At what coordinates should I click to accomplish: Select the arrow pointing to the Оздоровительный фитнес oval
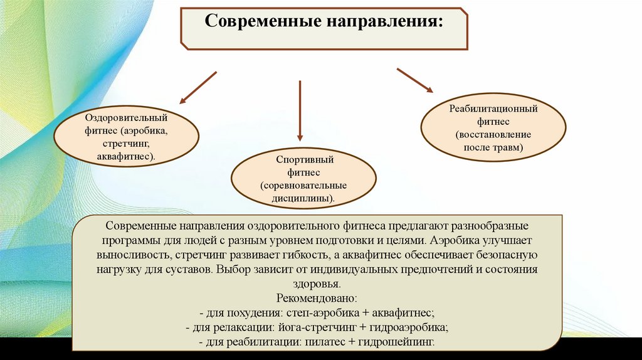pos(197,87)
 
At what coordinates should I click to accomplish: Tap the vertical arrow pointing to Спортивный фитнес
pos(300,110)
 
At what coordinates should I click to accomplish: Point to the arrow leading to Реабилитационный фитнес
pos(414,80)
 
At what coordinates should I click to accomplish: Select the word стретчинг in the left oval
pos(125,142)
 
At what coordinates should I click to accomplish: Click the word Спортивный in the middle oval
pos(304,159)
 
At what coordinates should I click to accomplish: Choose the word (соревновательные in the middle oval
pos(304,186)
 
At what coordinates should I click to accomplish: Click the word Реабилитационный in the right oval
pos(493,109)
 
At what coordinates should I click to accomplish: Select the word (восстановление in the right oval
pos(493,135)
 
